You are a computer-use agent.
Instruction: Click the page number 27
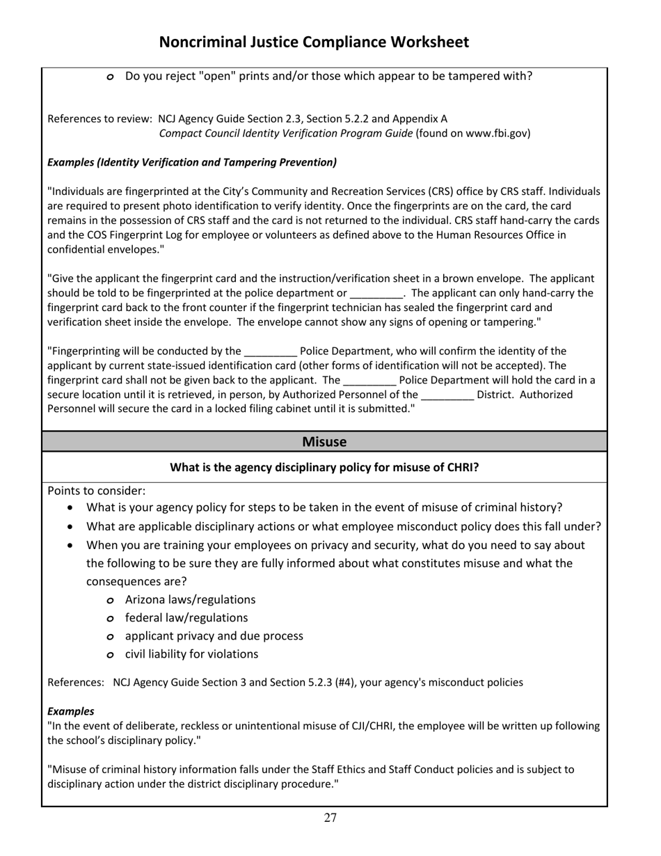[x=330, y=818]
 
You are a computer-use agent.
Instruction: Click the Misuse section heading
[x=324, y=442]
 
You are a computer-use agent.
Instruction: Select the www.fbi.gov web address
[x=496, y=133]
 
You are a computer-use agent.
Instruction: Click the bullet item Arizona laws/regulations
[x=190, y=600]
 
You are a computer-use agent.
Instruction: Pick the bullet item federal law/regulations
[x=186, y=618]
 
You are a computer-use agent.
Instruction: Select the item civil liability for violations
[x=191, y=654]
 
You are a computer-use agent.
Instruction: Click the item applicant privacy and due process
[x=214, y=636]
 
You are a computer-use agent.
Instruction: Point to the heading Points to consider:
[x=97, y=491]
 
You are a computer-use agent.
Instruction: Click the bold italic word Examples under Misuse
[x=70, y=711]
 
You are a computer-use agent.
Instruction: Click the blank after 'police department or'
[x=376, y=293]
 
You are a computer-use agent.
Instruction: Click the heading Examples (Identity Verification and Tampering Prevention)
[x=192, y=162]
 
